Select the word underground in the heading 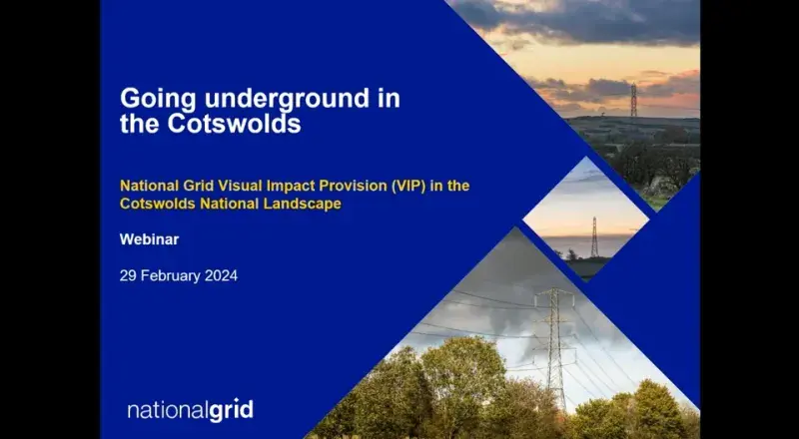(x=287, y=99)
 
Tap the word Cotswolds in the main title (x=234, y=124)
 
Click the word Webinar (x=149, y=239)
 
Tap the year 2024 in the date (x=221, y=276)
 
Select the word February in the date (x=171, y=276)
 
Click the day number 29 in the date (x=128, y=276)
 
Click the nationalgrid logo (x=190, y=410)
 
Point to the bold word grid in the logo (x=231, y=411)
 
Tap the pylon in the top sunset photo (x=634, y=101)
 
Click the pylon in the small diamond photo (x=594, y=236)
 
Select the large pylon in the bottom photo (x=555, y=346)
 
